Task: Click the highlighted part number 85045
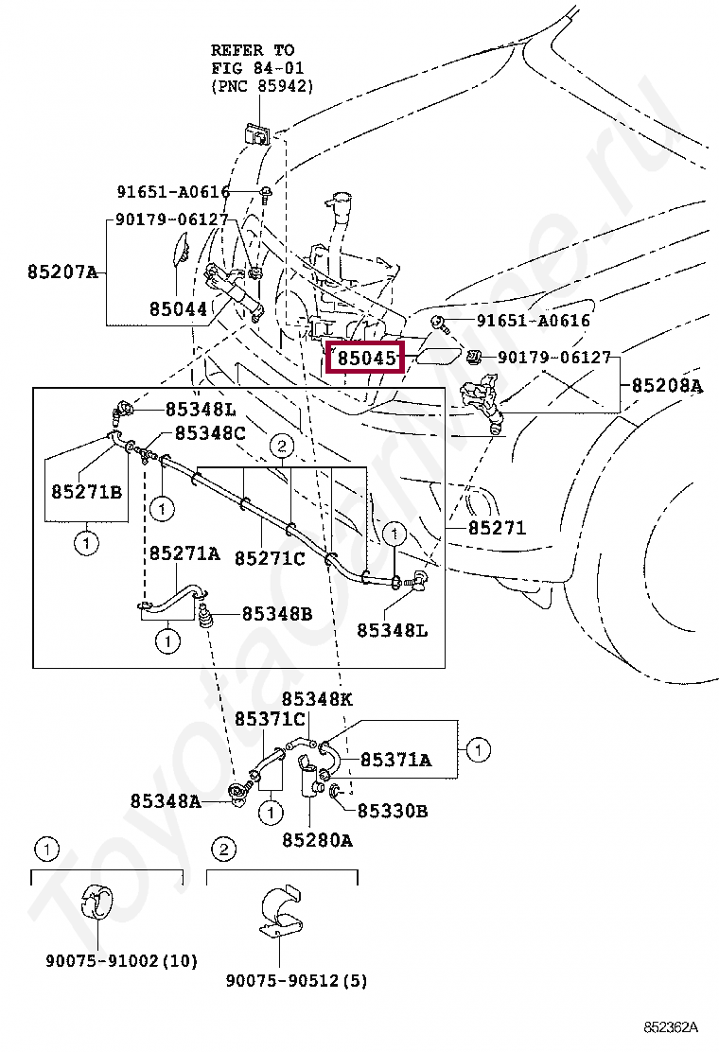[x=364, y=359]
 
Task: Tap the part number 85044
[x=177, y=309]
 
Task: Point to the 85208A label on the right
[x=667, y=386]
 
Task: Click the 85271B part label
[x=87, y=493]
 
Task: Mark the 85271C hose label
[x=270, y=558]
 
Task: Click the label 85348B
[x=276, y=614]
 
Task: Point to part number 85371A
[x=395, y=760]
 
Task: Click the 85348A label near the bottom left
[x=166, y=801]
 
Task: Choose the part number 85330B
[x=392, y=811]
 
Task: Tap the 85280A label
[x=317, y=839]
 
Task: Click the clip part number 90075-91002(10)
[x=121, y=961]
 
